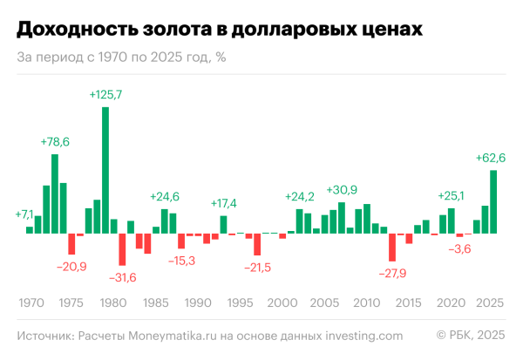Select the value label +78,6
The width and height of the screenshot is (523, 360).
click(x=55, y=141)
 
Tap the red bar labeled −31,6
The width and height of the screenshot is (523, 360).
click(x=123, y=249)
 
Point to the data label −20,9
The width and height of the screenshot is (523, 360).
click(x=71, y=266)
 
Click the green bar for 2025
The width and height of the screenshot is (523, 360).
click(x=493, y=201)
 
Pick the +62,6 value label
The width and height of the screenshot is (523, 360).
click(x=492, y=157)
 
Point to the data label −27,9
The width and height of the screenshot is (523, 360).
click(x=393, y=273)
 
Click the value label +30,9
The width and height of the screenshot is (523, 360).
click(x=342, y=189)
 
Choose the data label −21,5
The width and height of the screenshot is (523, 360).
click(x=259, y=266)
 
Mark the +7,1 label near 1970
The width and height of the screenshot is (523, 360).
click(x=24, y=214)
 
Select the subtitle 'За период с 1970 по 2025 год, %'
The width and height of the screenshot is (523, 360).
click(x=122, y=58)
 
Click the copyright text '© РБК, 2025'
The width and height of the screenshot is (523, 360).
click(x=470, y=336)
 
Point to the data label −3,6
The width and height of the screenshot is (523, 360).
click(x=459, y=248)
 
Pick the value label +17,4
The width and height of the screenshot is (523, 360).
click(x=224, y=203)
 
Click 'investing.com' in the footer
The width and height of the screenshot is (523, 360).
click(x=363, y=336)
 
